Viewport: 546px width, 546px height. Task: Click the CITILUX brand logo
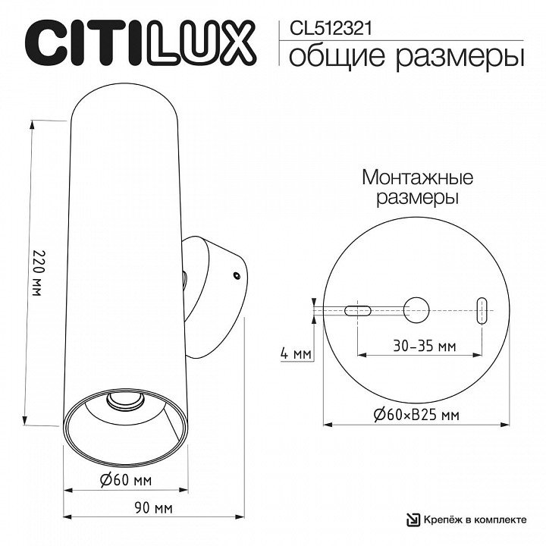(140, 43)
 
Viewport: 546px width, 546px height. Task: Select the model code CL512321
(331, 29)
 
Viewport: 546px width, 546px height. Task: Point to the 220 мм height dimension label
(36, 272)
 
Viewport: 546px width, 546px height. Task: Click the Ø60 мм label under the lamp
(126, 481)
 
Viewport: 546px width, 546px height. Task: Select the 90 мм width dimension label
(153, 508)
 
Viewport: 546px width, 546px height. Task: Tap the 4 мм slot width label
(296, 354)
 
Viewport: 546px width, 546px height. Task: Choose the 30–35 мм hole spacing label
(425, 346)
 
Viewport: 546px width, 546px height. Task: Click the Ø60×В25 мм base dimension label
(416, 415)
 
